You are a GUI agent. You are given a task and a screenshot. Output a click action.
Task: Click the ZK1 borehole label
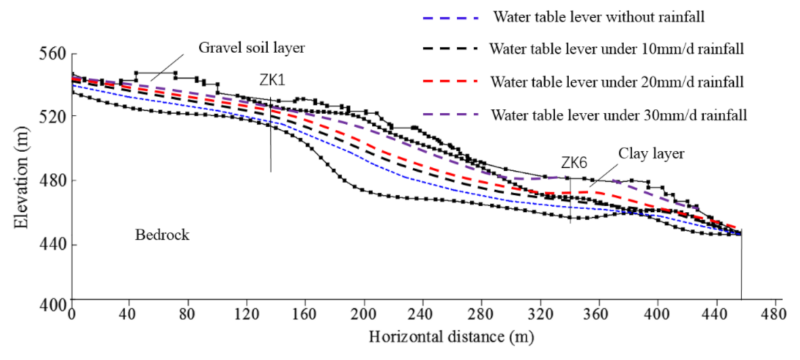[x=272, y=80]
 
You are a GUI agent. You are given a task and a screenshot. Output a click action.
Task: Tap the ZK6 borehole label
[x=574, y=163]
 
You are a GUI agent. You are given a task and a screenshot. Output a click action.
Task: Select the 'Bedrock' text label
[x=162, y=235]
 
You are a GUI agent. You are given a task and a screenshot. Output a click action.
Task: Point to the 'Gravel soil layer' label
[x=252, y=47]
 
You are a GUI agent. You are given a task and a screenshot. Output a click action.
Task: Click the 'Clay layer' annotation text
[x=651, y=153]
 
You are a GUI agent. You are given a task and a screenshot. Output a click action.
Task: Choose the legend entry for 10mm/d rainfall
[x=616, y=49]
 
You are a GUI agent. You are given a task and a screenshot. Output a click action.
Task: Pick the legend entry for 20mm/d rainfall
[x=616, y=82]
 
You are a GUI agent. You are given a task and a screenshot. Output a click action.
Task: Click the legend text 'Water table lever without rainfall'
[x=599, y=16]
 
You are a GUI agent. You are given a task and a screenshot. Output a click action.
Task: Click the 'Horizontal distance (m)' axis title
[x=451, y=338]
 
